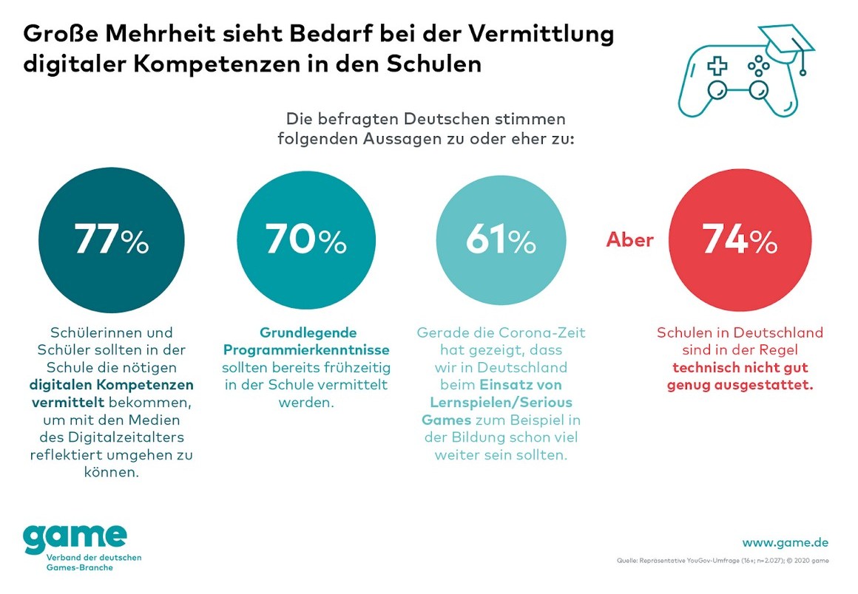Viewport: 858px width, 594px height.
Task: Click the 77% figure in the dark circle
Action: pyautogui.click(x=111, y=241)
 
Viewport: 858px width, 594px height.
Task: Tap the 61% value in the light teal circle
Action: pyautogui.click(x=501, y=241)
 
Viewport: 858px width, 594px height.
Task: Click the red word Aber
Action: pyautogui.click(x=630, y=241)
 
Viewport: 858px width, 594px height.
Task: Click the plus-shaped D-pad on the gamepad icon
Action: pyautogui.click(x=716, y=66)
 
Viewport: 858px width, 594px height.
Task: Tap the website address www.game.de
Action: pyautogui.click(x=786, y=542)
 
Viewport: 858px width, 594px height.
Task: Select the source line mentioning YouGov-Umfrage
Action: pyautogui.click(x=722, y=561)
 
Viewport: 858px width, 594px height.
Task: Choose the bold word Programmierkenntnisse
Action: pyautogui.click(x=307, y=349)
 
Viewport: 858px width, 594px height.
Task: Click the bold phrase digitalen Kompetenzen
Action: pyautogui.click(x=112, y=385)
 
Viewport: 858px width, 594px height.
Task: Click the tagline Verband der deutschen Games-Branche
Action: pyautogui.click(x=82, y=562)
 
